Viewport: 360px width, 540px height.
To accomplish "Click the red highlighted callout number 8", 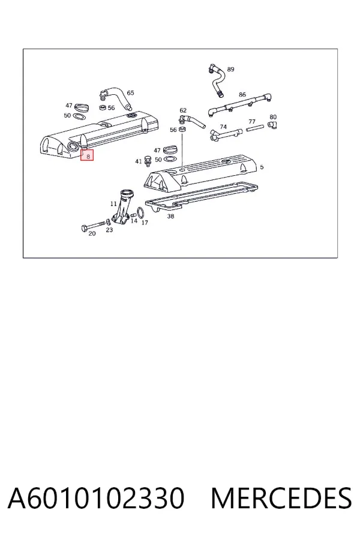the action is (x=88, y=156).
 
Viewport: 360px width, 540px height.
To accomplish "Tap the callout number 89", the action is (x=230, y=69).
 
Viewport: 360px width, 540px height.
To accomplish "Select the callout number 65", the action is (x=130, y=93).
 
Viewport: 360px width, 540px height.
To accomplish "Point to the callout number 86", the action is (x=242, y=94).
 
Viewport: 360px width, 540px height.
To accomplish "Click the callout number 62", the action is (x=183, y=110).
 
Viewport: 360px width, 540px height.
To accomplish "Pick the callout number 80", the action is (x=273, y=117).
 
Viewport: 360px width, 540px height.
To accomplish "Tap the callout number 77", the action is (x=252, y=122).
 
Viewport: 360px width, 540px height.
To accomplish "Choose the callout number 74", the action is (x=223, y=127).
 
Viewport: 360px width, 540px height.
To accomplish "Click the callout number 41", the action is (x=139, y=161).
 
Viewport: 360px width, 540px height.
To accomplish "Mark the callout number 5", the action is (x=262, y=167).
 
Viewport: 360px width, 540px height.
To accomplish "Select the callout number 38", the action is (x=170, y=216).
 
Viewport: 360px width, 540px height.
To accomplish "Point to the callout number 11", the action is (x=113, y=204).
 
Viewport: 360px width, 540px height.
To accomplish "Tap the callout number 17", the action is (x=145, y=223).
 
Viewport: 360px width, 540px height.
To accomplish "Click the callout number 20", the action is (x=92, y=233).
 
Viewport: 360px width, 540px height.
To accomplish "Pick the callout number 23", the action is (x=109, y=230).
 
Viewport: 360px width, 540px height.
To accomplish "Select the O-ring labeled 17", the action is (x=141, y=212).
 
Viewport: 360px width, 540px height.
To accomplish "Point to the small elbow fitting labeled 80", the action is (x=273, y=125).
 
